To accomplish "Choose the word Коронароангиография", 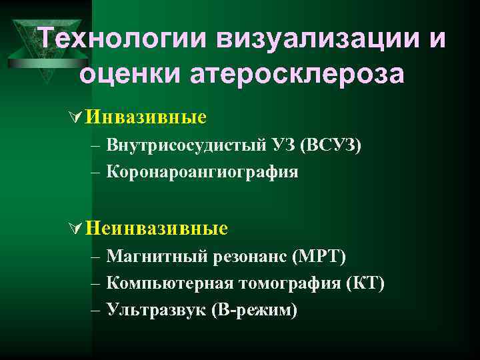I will (202, 171).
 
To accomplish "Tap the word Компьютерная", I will (169, 283).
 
